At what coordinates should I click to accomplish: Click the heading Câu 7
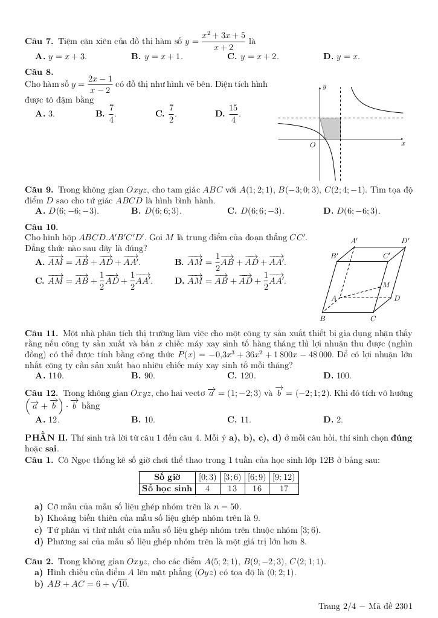coord(39,42)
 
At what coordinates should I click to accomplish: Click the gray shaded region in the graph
coord(331,128)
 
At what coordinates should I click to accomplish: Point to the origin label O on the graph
coord(312,145)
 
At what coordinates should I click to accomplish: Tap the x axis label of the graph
coord(403,144)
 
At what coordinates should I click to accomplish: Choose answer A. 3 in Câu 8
coord(45,113)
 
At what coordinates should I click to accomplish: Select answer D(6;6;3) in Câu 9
coord(156,211)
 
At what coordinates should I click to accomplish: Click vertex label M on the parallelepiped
coord(385,285)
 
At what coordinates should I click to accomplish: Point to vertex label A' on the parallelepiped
coord(354,241)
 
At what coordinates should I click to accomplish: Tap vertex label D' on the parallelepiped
coord(405,241)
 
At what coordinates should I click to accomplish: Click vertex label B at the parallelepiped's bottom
coord(323,318)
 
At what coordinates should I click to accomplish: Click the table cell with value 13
coord(233,488)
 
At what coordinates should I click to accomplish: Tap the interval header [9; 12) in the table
coord(284,477)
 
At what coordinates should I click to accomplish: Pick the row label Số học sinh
coord(167,488)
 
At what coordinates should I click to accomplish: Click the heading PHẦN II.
coord(47,438)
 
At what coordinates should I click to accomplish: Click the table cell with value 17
coord(284,488)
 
